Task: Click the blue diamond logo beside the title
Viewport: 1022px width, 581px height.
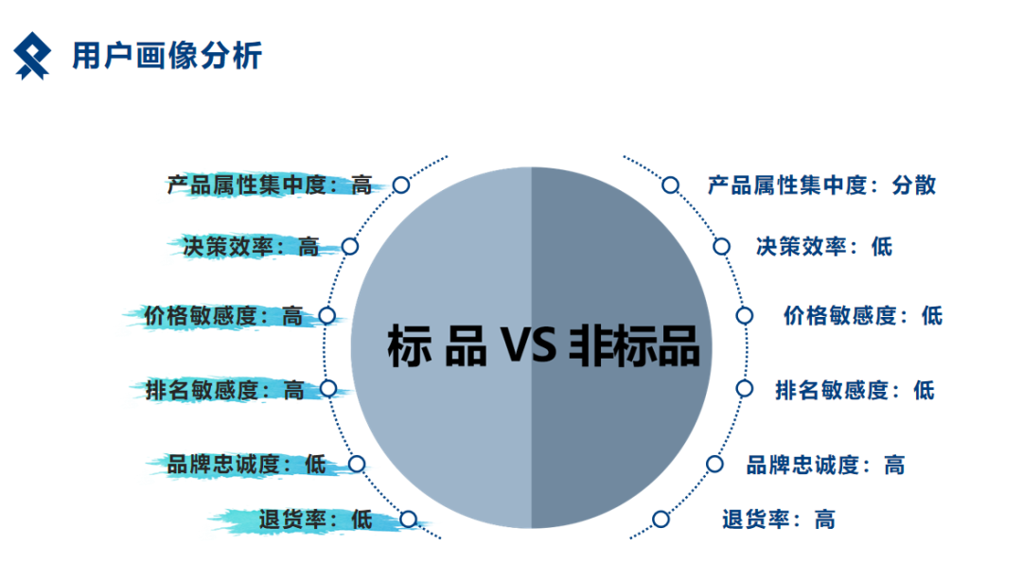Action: coord(32,56)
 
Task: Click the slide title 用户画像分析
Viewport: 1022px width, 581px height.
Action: coord(167,56)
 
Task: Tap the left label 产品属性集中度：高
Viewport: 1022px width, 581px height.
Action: coord(270,185)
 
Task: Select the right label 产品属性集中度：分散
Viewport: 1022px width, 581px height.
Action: coord(822,185)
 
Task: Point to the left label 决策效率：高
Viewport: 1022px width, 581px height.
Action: coord(251,247)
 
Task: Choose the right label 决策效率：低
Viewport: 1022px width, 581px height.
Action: coord(824,246)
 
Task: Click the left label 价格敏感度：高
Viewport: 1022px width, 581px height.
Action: coord(223,316)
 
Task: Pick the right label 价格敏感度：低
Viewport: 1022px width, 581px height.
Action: coord(863,316)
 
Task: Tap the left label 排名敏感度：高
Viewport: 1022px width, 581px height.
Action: coord(225,391)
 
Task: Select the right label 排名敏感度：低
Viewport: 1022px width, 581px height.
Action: coord(855,391)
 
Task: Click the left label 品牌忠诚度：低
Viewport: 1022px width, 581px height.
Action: coord(246,465)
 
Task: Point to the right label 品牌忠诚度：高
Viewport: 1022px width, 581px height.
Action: coord(826,466)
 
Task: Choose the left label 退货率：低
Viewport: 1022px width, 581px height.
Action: coord(315,519)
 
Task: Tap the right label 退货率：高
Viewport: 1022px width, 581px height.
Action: coord(779,519)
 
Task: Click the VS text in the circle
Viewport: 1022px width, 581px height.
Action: coord(529,345)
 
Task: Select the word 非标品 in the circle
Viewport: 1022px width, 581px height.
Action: coord(634,345)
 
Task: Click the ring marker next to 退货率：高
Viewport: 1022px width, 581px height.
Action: coord(661,519)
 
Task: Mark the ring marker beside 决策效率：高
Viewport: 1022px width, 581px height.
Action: coord(350,246)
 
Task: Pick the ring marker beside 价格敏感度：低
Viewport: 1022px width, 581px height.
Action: coord(745,316)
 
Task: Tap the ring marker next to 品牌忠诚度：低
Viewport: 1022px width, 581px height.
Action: coord(357,465)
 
